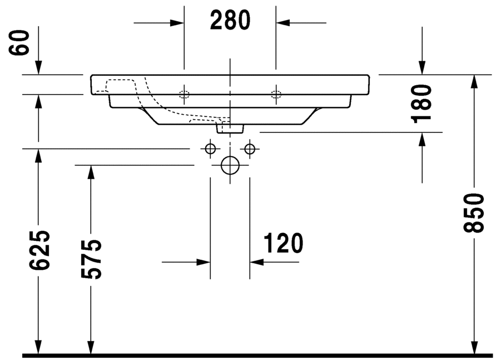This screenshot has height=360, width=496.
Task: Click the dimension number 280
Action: (230, 21)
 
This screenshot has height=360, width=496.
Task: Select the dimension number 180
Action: (422, 103)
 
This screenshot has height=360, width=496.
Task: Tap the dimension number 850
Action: (474, 214)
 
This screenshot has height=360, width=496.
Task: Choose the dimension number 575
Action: (91, 259)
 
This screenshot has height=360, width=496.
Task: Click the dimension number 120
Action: (283, 243)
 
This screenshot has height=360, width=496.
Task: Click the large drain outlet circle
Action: (230, 165)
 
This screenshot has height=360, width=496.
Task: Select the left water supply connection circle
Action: (210, 149)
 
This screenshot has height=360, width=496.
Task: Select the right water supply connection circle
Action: (249, 149)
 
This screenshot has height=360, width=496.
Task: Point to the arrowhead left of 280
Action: (177, 23)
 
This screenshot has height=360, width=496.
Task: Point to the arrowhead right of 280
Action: (282, 23)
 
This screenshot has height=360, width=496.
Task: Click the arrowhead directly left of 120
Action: (204, 262)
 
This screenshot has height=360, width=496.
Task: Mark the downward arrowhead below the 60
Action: (38, 68)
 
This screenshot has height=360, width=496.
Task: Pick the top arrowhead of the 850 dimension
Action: (474, 81)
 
